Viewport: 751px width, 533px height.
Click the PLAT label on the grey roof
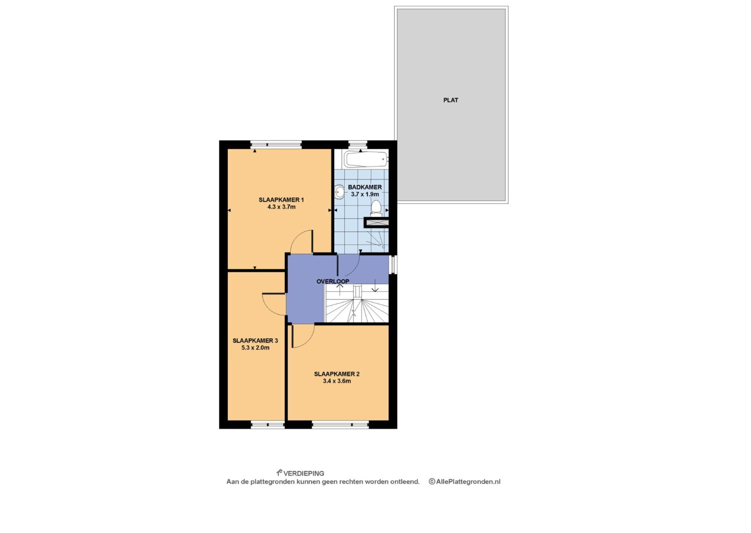coord(450,100)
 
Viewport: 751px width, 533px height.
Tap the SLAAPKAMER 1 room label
coord(281,200)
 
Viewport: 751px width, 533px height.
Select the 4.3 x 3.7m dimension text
coord(281,207)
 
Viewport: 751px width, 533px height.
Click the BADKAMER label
coord(365,187)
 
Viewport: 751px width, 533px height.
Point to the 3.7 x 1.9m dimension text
coord(365,194)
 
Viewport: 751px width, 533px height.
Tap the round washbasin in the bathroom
coord(339,192)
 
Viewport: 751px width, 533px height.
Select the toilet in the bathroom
coord(376,208)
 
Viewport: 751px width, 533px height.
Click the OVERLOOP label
coord(333,281)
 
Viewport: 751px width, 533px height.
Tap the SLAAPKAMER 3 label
coord(255,341)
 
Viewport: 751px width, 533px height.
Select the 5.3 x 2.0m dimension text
coord(255,348)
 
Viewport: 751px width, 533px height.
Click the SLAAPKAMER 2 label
coord(337,374)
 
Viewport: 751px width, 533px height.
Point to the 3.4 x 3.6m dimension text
coord(337,381)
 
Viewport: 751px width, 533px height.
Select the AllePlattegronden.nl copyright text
coord(464,482)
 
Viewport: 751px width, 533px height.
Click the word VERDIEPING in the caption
coord(304,473)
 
